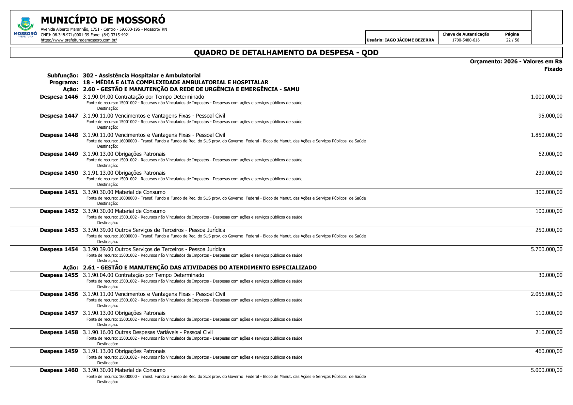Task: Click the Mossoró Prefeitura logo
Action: click(25, 27)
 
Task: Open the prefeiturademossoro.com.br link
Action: click(79, 40)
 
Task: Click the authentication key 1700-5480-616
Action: click(466, 40)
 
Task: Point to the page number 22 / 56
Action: click(512, 40)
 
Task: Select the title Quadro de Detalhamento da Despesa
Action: click(286, 53)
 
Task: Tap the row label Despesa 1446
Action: click(59, 97)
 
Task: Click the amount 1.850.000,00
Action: click(546, 135)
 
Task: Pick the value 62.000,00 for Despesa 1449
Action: click(550, 154)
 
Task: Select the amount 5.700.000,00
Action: click(546, 250)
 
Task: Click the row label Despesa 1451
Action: click(59, 192)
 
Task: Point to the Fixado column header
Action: click(553, 69)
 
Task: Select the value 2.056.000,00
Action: click(546, 294)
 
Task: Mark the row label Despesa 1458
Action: click(59, 332)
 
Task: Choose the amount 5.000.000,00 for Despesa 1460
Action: click(546, 370)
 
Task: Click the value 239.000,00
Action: click(549, 173)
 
